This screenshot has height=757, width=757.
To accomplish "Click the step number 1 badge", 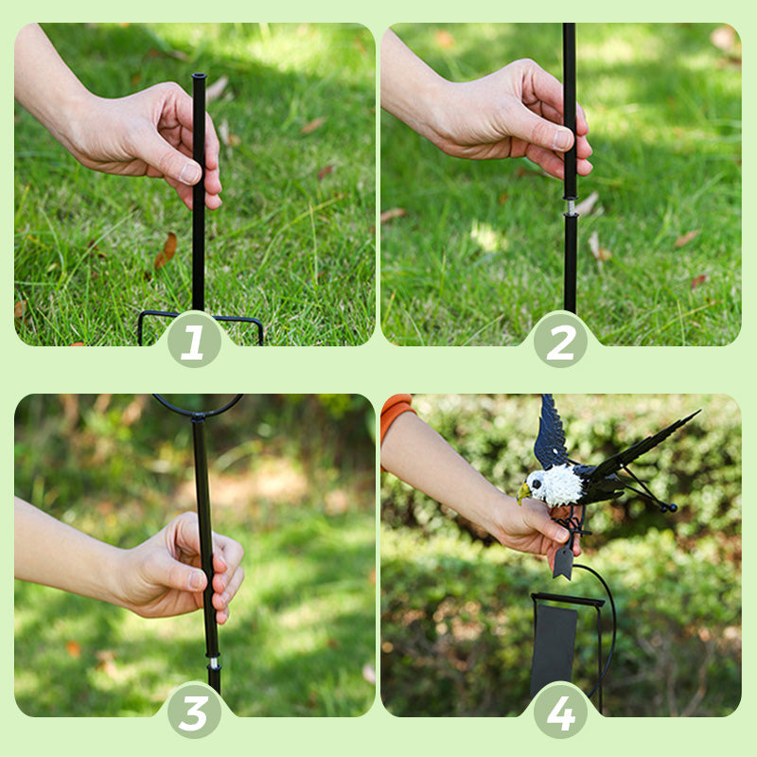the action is point(194,342).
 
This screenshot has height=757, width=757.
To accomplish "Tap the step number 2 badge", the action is point(560,342).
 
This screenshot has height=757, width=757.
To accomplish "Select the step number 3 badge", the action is point(194,713).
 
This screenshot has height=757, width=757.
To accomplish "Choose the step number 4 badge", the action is point(560,713).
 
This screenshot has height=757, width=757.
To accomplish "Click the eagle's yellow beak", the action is point(523,493).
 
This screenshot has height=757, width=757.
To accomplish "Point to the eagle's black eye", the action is point(536,484).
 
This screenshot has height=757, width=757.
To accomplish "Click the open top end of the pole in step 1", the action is point(199,77).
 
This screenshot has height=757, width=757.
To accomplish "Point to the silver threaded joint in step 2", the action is point(571,206).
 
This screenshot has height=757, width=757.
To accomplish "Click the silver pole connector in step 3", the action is point(213,662).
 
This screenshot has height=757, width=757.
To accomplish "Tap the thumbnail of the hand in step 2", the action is point(562,138).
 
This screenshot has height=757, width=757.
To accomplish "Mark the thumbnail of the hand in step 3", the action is point(197,580).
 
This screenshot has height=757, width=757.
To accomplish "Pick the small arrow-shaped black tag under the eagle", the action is point(563,562).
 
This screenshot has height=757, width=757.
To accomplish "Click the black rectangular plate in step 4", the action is point(554,647).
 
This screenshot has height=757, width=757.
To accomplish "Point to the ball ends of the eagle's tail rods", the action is point(668,507).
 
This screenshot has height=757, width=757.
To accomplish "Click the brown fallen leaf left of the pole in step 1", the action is point(167,250).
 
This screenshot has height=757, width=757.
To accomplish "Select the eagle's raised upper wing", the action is point(551,432).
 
